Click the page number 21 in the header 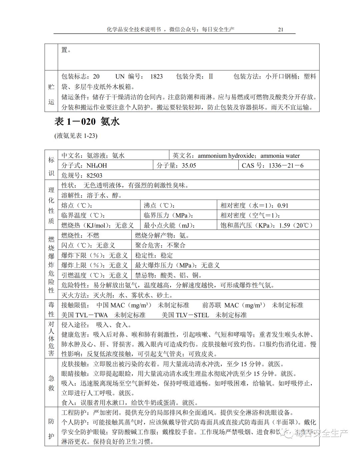pos(280,29)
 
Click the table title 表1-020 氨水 pos(87,122)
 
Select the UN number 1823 pos(156,76)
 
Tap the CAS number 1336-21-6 pos(286,165)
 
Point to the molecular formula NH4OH pos(97,165)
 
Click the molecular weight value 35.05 pos(189,165)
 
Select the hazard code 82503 pos(94,175)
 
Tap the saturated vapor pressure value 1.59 pos(284,226)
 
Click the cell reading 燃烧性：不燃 pos(80,236)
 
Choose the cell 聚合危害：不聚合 pos(160,246)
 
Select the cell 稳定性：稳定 pos(154,256)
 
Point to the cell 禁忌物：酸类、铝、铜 pos(168,275)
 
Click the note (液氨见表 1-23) pos(76,136)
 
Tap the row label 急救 pos(51,383)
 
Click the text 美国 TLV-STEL pos(185,315)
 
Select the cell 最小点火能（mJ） pos(169,226)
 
